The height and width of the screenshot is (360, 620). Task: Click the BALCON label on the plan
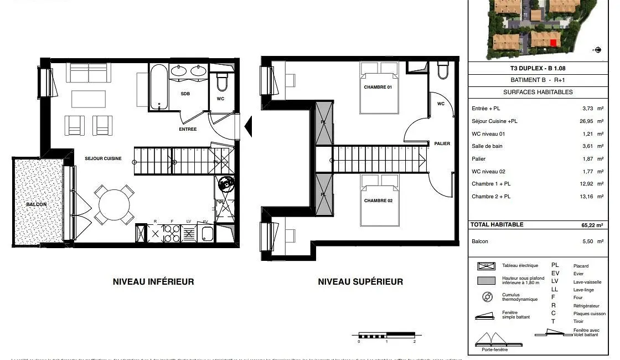point(36,204)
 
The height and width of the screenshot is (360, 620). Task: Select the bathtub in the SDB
point(158,87)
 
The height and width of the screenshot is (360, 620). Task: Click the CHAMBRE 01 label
point(378,88)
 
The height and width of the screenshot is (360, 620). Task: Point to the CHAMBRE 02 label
point(378,200)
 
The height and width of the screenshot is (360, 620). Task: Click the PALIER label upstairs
point(442,143)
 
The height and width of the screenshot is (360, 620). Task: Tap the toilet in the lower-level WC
point(222,82)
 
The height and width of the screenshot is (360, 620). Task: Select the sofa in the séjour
point(89,73)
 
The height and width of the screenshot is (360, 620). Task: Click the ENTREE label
point(188,129)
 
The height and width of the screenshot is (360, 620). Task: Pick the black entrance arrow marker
point(248,127)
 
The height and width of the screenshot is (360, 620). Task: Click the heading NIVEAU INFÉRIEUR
point(153,281)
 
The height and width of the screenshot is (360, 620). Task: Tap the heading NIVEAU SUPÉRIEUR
point(360,281)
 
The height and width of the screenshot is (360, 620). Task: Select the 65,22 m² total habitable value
point(591,225)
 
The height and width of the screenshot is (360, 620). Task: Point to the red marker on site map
point(553,43)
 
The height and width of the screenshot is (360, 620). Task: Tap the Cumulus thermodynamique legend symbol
point(487,297)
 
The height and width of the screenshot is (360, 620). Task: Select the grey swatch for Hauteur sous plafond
point(486,281)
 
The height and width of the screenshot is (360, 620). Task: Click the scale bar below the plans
point(386,335)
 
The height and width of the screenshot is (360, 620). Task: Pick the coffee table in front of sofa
point(89,99)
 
